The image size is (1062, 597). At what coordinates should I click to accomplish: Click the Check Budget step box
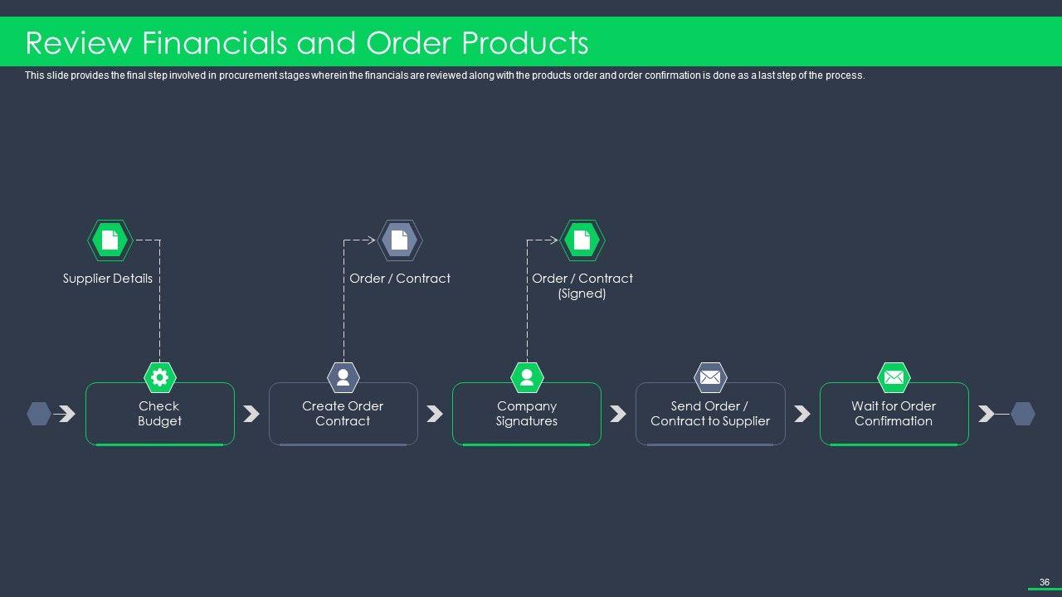point(159,414)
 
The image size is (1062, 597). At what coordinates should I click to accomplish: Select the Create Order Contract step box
point(343,414)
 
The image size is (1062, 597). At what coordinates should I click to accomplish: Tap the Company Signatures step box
point(526,414)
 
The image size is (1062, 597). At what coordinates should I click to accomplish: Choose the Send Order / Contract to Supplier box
point(709,414)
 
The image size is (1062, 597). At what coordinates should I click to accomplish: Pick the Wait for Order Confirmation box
point(894,414)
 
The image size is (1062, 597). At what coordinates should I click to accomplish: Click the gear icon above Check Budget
point(159,378)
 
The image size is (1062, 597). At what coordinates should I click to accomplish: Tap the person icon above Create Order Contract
point(343,378)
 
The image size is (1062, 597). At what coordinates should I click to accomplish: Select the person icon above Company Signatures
point(526,378)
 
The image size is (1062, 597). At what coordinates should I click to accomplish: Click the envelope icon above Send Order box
point(709,378)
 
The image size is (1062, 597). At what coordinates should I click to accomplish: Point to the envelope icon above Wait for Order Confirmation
point(894,378)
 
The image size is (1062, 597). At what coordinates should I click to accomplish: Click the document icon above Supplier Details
point(110,240)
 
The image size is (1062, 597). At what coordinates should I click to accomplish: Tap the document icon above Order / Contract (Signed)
point(582,240)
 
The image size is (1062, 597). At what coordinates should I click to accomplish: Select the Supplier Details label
point(108,279)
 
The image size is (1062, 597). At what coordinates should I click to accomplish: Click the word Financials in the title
point(209,42)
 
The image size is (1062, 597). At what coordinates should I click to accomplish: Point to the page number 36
point(1045,582)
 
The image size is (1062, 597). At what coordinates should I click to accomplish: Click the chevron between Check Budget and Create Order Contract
point(251,414)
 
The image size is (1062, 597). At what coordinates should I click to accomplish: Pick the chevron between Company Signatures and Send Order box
point(618,414)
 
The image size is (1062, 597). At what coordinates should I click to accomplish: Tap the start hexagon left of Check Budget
point(39,414)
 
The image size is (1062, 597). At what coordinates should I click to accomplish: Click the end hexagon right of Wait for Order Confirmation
point(1023,414)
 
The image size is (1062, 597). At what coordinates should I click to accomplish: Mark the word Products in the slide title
point(525,42)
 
